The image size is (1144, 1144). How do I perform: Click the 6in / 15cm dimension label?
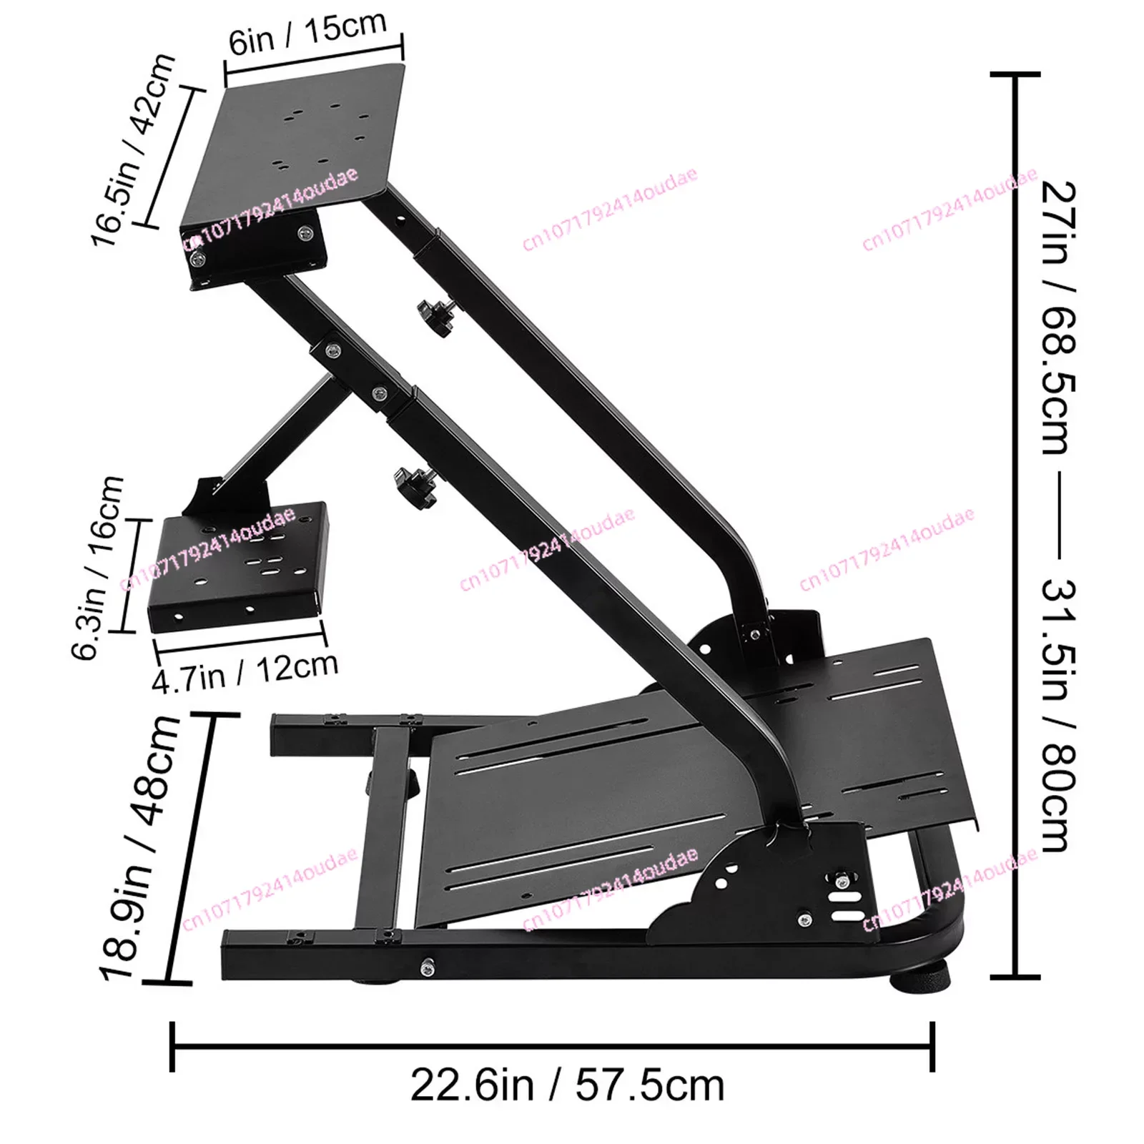tap(307, 32)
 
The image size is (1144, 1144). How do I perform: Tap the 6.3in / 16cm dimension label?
tap(99, 568)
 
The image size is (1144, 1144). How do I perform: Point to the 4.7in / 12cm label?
tap(245, 671)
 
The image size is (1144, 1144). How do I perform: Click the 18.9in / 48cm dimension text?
tap(140, 847)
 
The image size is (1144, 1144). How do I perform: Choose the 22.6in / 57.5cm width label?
tap(567, 1085)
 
